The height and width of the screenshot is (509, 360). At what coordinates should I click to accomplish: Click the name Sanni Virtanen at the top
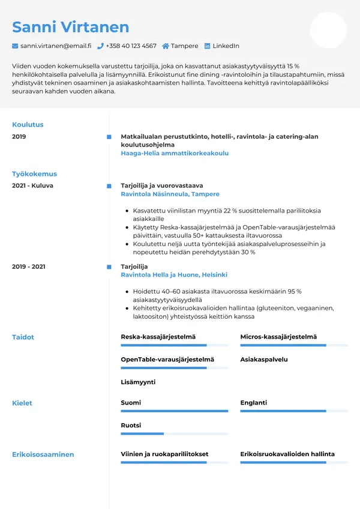(70, 27)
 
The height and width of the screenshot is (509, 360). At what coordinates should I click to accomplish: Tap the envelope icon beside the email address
(15, 46)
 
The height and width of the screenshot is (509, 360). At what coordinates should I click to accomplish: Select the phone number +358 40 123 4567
(131, 46)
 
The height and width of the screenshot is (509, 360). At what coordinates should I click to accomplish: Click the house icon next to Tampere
(166, 46)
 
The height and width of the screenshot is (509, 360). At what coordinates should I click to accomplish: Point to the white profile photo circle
(328, 30)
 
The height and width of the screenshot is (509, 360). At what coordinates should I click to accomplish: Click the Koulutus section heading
(28, 125)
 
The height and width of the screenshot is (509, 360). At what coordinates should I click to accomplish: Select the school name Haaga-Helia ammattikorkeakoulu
(175, 153)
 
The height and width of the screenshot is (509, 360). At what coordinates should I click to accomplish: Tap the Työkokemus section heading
(34, 174)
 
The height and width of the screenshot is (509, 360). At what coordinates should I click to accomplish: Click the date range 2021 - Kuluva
(32, 185)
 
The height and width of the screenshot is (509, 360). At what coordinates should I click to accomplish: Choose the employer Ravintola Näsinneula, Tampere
(170, 194)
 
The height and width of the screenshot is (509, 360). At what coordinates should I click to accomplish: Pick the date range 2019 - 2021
(28, 267)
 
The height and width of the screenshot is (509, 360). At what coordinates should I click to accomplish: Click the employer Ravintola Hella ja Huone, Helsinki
(174, 275)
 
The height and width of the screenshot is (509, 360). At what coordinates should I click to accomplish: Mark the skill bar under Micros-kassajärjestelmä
(294, 345)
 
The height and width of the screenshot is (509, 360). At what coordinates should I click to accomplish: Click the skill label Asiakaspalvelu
(264, 360)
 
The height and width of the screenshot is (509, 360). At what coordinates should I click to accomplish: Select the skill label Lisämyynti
(138, 382)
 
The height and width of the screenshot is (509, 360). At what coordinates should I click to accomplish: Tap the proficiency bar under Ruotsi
(174, 433)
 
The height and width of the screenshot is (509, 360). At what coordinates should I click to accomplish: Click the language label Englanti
(253, 403)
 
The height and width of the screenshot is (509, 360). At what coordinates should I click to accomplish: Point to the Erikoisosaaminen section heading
(43, 454)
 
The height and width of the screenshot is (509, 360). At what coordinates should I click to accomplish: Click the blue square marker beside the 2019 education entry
(109, 137)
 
